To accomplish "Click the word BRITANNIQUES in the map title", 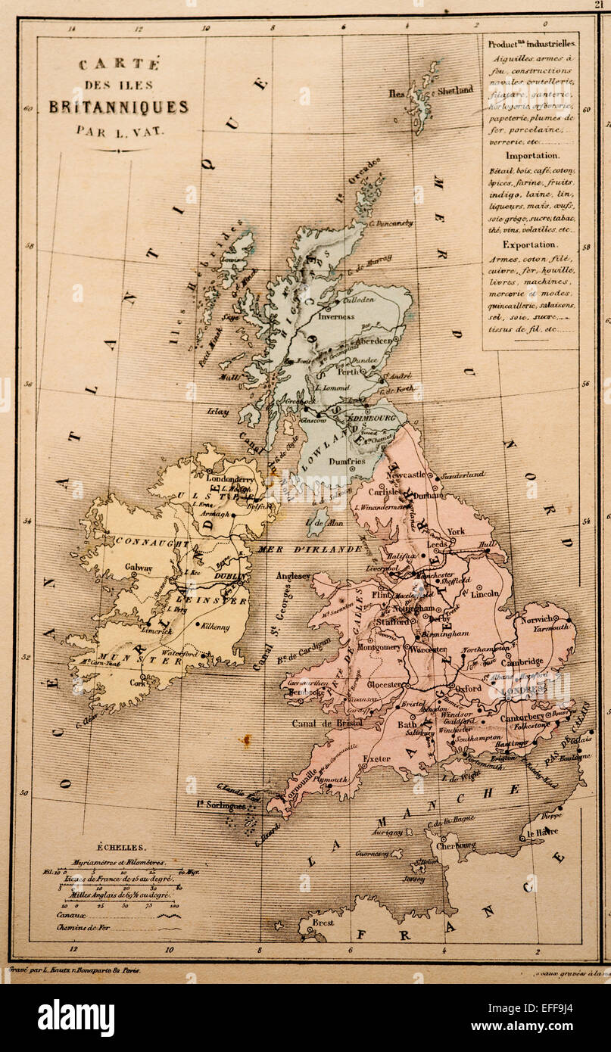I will [119, 107].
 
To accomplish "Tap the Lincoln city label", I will [485, 593].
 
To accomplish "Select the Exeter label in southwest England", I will [376, 758].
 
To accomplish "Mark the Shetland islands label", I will [454, 90].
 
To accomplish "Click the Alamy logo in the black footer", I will [76, 1017].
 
